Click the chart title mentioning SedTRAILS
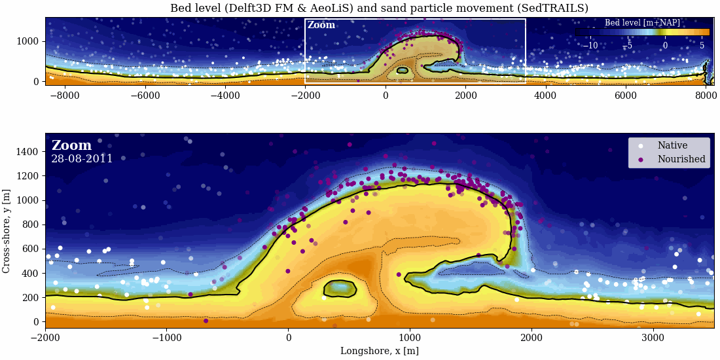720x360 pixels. click(x=379, y=9)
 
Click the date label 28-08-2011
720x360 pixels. click(x=82, y=159)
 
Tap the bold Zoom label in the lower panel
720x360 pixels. click(x=71, y=145)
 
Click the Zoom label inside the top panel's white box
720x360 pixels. click(x=321, y=26)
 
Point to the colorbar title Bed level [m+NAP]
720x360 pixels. click(x=642, y=23)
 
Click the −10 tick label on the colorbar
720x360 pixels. click(x=590, y=46)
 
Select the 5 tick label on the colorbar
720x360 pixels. click(x=702, y=46)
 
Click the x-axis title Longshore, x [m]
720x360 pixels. click(x=379, y=351)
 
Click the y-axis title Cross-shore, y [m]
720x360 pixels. click(x=7, y=231)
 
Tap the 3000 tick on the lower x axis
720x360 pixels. click(x=653, y=337)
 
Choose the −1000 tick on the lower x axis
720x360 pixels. click(x=166, y=337)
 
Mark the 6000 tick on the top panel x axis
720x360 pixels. click(x=626, y=95)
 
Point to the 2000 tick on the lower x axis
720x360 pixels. click(x=531, y=337)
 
